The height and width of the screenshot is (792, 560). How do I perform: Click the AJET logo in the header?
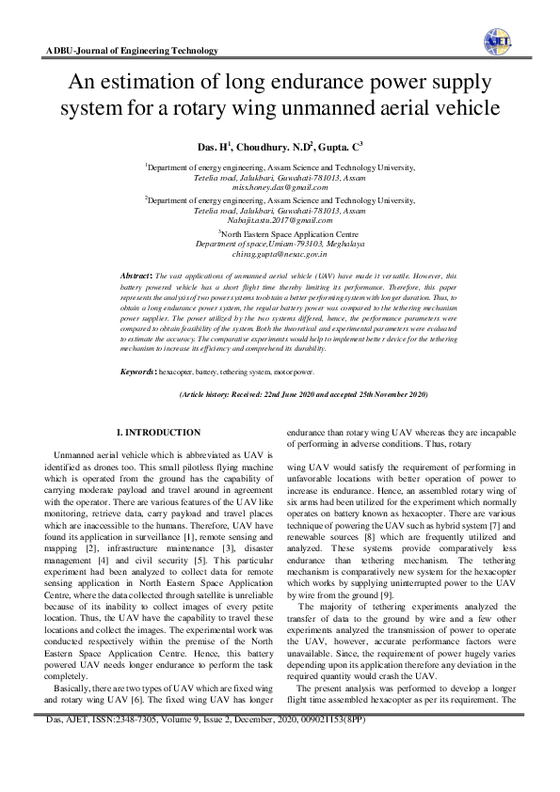point(497,39)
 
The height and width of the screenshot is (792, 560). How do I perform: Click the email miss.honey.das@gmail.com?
point(280,188)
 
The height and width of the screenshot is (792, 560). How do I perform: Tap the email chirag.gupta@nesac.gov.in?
point(280,253)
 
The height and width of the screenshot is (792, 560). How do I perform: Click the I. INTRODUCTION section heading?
point(157,432)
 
